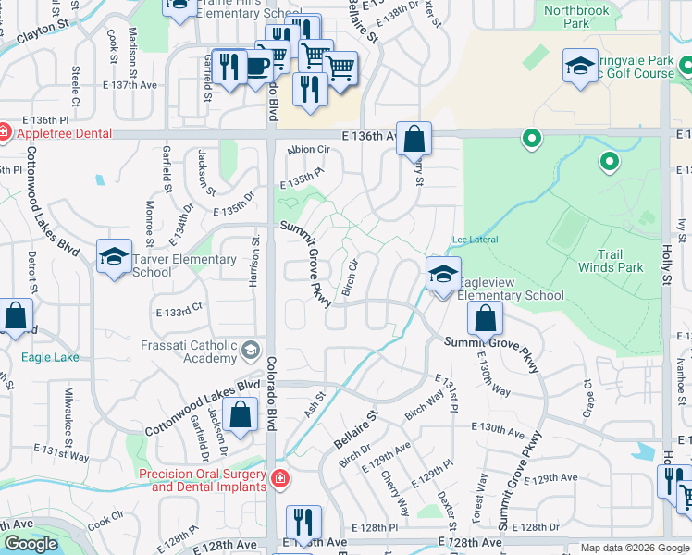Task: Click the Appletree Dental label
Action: tap(63, 133)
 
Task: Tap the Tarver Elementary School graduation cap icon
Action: tap(114, 256)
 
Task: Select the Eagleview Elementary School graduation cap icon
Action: tap(443, 273)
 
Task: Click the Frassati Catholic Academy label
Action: tap(189, 351)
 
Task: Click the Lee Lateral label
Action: tap(475, 240)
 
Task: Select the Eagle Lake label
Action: tap(51, 356)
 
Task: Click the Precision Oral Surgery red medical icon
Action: tap(278, 479)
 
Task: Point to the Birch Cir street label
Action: tap(350, 277)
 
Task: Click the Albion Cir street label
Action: tap(309, 149)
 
